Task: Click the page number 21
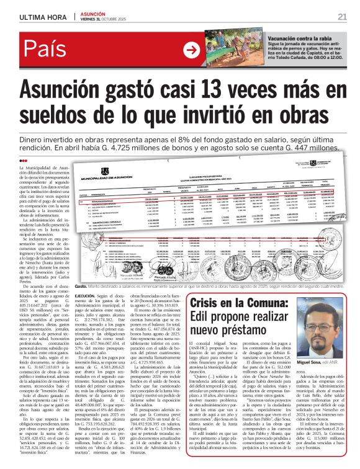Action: click(x=342, y=16)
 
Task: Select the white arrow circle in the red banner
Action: click(x=193, y=50)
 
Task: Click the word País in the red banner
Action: click(x=45, y=50)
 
